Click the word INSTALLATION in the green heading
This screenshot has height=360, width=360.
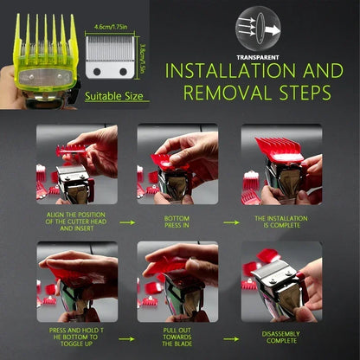[x=230, y=71]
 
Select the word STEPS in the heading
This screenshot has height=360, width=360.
[x=305, y=93]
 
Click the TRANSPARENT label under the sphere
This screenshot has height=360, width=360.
[x=258, y=58]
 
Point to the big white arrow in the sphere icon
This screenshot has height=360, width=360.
[x=273, y=30]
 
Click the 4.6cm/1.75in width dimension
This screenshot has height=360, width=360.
[x=111, y=27]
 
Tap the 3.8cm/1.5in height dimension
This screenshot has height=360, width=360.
[x=142, y=58]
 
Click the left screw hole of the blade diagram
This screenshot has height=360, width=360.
[x=97, y=72]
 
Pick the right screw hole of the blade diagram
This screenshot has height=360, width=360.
[x=123, y=72]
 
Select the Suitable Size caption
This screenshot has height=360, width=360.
[x=114, y=96]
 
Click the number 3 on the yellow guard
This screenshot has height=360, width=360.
[x=67, y=77]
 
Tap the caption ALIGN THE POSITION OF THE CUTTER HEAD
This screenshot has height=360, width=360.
[x=76, y=222]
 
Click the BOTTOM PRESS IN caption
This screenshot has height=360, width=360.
[x=177, y=222]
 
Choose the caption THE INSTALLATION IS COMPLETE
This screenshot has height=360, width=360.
[x=281, y=222]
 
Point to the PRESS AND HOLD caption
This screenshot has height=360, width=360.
[x=76, y=337]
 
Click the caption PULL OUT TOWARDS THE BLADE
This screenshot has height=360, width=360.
[x=177, y=337]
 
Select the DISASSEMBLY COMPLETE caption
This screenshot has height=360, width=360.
[x=281, y=337]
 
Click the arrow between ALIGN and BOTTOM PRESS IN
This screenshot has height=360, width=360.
[x=127, y=222]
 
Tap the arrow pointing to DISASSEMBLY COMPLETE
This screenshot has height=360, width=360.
[x=231, y=339]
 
